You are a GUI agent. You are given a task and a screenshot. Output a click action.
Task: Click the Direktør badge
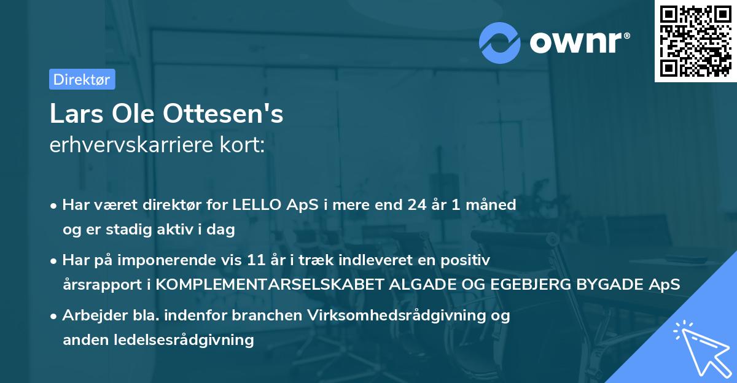(x=82, y=79)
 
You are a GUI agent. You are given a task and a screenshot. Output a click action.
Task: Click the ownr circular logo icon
(x=500, y=42)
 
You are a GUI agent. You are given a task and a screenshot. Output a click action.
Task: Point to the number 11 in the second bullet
(x=268, y=260)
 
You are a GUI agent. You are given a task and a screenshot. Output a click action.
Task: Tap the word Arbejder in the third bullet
(x=90, y=315)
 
